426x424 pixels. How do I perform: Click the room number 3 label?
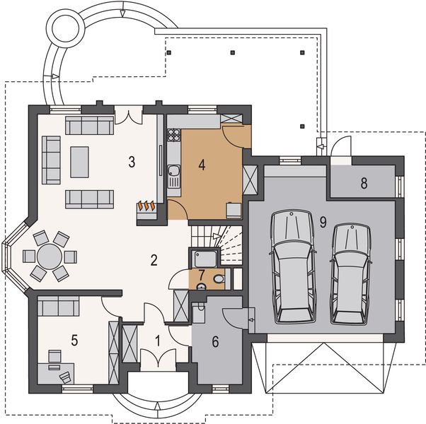click(x=132, y=162)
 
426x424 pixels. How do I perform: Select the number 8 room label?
click(x=364, y=184)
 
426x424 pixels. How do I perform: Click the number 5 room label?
click(x=74, y=339)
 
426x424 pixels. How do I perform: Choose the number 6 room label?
click(x=215, y=341)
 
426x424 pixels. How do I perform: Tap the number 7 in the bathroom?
click(x=201, y=274)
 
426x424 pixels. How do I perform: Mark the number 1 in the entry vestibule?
click(x=158, y=340)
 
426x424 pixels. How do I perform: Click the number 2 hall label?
click(x=153, y=259)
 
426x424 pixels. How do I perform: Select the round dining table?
click(x=50, y=254)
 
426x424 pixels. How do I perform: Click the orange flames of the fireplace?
click(x=147, y=206)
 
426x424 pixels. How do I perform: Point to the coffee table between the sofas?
click(x=79, y=162)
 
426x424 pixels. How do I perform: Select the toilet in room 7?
click(x=218, y=281)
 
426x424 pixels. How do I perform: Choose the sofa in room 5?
click(x=59, y=306)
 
